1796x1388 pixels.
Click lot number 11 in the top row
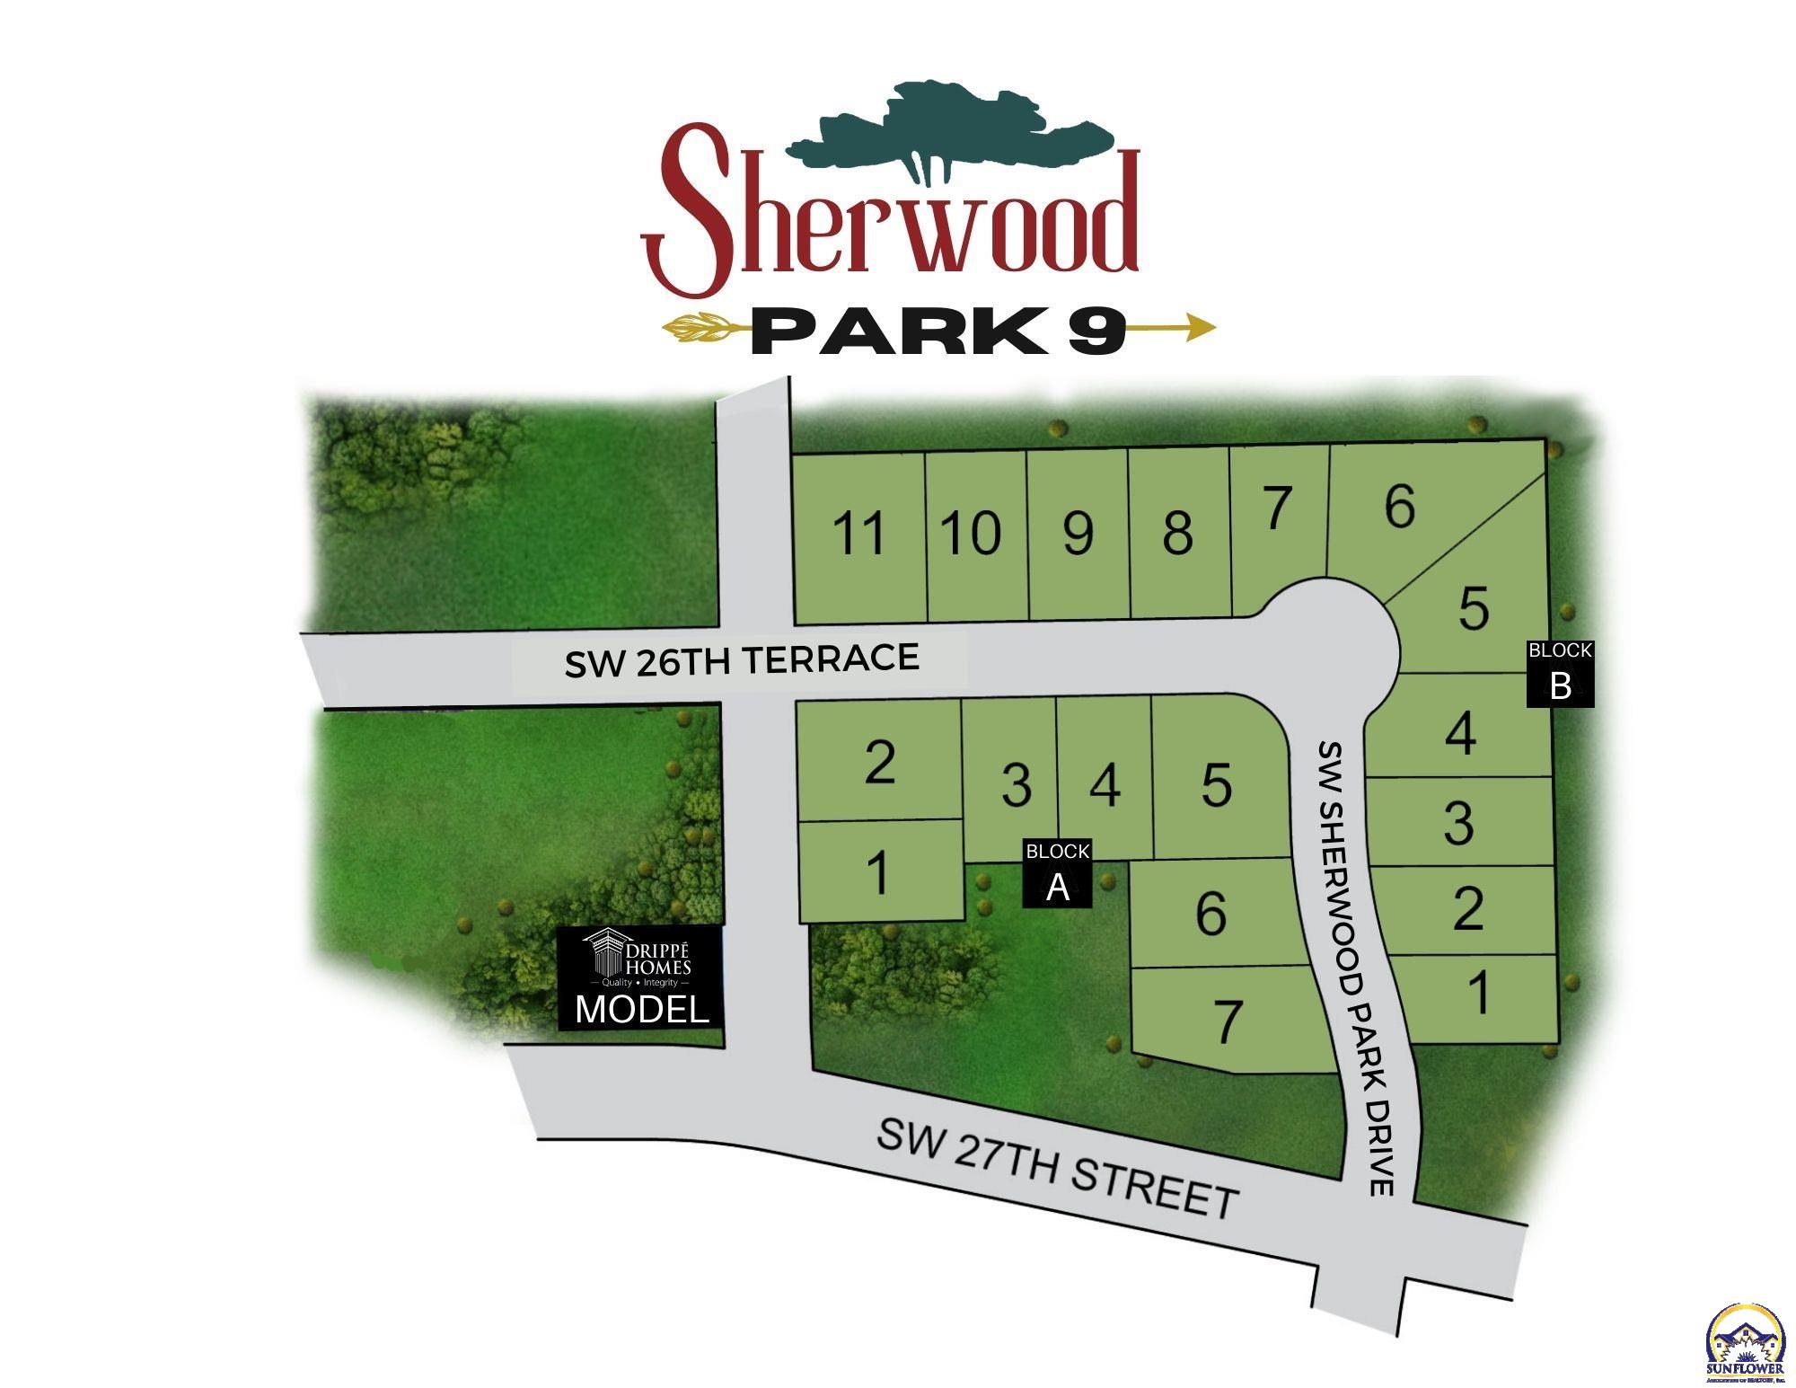click(859, 534)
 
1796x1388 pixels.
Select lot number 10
click(972, 534)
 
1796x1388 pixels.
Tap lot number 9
click(1078, 534)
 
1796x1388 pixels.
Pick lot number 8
click(1177, 534)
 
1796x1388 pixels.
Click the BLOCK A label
click(1058, 872)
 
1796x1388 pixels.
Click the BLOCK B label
click(1560, 673)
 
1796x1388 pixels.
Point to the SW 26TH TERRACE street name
click(742, 660)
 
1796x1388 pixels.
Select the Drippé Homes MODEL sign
click(639, 977)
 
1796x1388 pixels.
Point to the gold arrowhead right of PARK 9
click(1199, 328)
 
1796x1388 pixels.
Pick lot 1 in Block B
click(1478, 994)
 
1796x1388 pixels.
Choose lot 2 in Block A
click(879, 763)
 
